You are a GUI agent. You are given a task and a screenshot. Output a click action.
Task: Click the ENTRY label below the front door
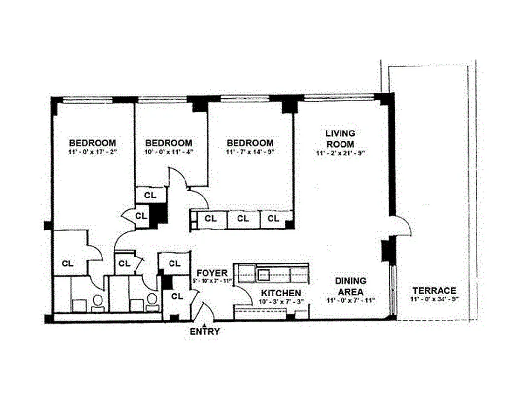click(x=204, y=332)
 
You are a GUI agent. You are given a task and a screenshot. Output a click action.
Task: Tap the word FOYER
click(x=212, y=273)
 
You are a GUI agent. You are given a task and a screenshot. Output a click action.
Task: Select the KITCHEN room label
click(x=280, y=293)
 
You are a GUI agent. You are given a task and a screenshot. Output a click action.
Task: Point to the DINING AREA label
click(x=350, y=286)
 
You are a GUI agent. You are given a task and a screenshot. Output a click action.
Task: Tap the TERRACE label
click(x=434, y=290)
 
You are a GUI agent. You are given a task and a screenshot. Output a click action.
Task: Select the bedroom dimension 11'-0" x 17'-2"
click(x=93, y=152)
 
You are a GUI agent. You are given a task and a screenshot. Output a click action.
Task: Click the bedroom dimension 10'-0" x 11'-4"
click(x=169, y=152)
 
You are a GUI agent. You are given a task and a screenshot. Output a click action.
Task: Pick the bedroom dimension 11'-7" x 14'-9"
click(x=250, y=152)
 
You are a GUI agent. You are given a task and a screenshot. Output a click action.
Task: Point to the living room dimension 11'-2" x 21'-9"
click(x=340, y=153)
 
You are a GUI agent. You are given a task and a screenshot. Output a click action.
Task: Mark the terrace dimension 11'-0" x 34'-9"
click(x=434, y=299)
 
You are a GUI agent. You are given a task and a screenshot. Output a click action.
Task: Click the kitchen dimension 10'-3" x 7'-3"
click(x=280, y=301)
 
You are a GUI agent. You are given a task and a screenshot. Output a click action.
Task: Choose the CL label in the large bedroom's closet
click(x=68, y=263)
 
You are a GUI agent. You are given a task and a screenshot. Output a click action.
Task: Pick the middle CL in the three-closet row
click(x=243, y=218)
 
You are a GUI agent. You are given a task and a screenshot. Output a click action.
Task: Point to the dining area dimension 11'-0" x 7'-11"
click(x=350, y=300)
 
